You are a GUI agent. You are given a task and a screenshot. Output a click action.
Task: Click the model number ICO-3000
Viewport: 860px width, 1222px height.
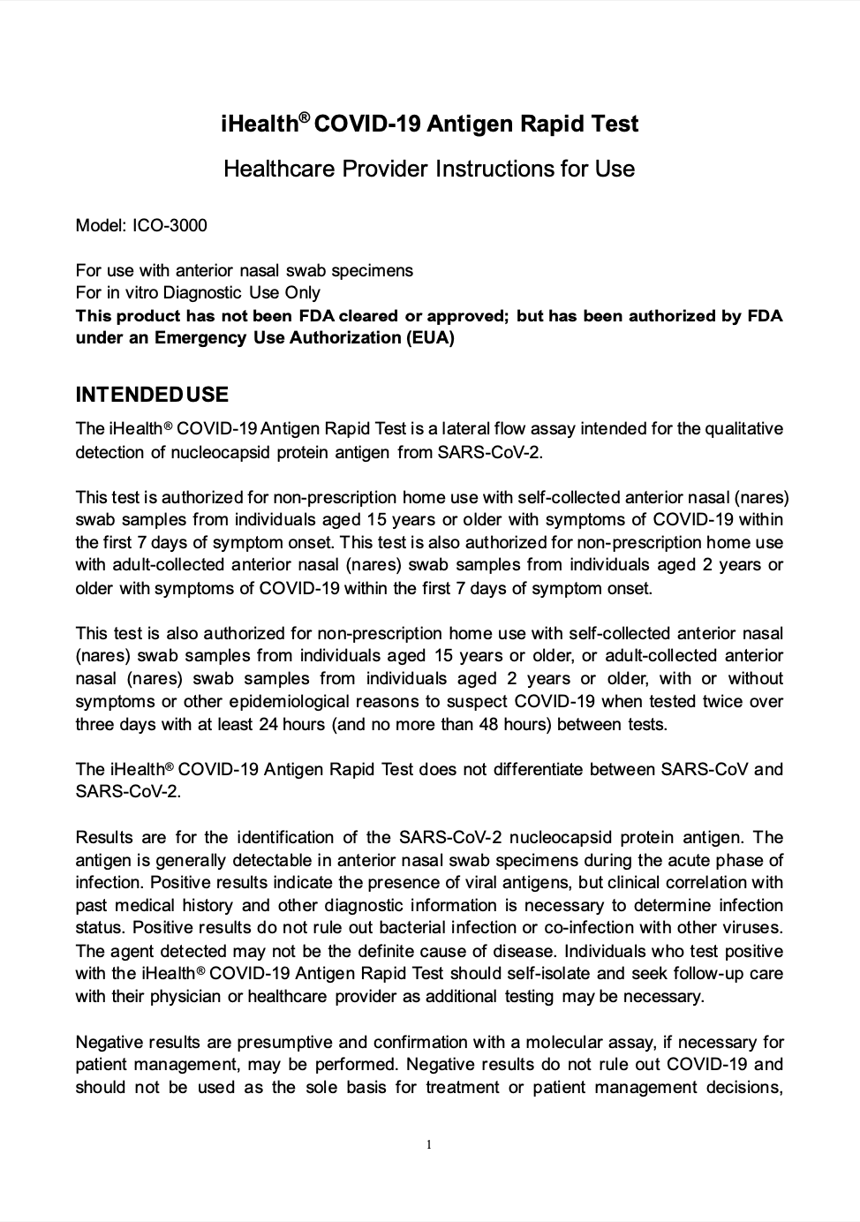pos(170,225)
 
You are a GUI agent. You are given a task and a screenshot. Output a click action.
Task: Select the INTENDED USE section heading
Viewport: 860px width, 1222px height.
pos(152,395)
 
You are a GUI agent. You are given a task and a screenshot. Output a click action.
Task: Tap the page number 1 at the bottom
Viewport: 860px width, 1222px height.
pos(429,1145)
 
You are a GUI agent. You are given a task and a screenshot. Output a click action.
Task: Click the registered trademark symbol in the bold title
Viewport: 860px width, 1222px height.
pos(304,117)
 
